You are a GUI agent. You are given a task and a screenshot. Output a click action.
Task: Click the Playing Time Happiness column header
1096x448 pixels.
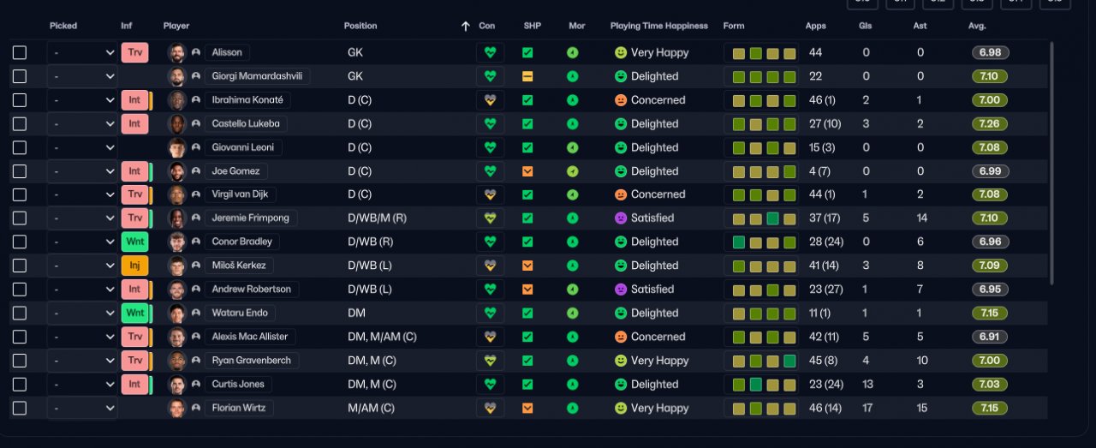[x=658, y=26]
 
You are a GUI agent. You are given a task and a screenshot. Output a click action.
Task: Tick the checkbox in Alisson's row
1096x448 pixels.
[x=20, y=52]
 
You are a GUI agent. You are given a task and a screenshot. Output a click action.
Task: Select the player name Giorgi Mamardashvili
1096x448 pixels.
[x=257, y=76]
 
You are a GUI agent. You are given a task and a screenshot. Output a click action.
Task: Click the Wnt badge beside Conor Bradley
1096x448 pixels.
[x=134, y=242]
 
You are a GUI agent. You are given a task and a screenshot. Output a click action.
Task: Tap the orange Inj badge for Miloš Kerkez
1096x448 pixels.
[x=134, y=266]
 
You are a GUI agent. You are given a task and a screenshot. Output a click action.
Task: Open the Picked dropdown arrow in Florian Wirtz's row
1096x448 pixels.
[x=110, y=408]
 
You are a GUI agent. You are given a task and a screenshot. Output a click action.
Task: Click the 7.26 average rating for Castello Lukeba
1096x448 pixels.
[x=989, y=124]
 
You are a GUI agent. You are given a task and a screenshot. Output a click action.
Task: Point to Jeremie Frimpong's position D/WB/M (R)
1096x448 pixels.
[x=377, y=218]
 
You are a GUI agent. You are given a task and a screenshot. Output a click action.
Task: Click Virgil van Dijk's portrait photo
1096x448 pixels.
[x=176, y=194]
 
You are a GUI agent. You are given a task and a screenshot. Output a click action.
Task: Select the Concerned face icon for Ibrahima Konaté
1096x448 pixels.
[x=621, y=100]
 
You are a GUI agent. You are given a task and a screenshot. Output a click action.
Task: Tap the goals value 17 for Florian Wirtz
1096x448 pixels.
[x=867, y=408]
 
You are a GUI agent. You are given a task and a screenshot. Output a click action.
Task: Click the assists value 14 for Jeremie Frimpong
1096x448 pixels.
[x=921, y=218]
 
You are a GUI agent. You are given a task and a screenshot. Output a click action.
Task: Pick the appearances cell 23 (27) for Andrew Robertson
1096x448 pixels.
[x=826, y=290]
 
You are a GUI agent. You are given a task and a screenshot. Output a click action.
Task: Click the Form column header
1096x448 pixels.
[x=734, y=26]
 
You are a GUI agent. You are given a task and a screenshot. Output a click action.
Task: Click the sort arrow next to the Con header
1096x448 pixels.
[x=465, y=26]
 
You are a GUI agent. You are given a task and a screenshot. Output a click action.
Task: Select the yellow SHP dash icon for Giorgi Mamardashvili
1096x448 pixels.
[x=527, y=76]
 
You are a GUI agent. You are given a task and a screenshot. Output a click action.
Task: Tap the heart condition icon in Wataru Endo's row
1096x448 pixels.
[x=490, y=313]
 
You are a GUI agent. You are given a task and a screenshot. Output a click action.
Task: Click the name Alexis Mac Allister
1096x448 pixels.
[x=249, y=337]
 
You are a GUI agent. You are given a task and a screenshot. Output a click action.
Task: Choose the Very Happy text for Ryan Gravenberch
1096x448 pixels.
[x=659, y=361]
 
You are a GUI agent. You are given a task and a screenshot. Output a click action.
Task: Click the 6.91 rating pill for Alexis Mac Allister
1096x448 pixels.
[x=989, y=337]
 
